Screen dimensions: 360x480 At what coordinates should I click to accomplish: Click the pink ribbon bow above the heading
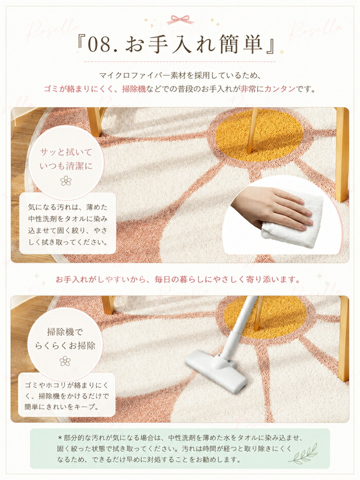pyautogui.click(x=180, y=20)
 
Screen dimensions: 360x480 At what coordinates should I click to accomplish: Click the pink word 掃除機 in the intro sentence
pyautogui.click(x=134, y=89)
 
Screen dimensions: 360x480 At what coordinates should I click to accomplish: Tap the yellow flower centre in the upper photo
pyautogui.click(x=260, y=135)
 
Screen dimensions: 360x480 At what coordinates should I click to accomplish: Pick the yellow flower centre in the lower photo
pyautogui.click(x=265, y=315)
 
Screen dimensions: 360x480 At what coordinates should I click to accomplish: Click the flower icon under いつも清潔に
pyautogui.click(x=66, y=181)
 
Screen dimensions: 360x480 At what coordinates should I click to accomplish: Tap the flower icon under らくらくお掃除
pyautogui.click(x=65, y=361)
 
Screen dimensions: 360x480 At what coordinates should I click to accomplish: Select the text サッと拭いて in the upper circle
pyautogui.click(x=66, y=152)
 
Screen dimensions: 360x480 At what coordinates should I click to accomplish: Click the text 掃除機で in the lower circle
pyautogui.click(x=65, y=331)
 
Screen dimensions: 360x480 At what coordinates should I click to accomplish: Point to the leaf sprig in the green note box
pyautogui.click(x=303, y=454)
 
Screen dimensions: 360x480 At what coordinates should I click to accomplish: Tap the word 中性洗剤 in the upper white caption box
pyautogui.click(x=41, y=219)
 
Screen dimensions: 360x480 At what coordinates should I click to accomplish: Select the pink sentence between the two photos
pyautogui.click(x=177, y=279)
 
